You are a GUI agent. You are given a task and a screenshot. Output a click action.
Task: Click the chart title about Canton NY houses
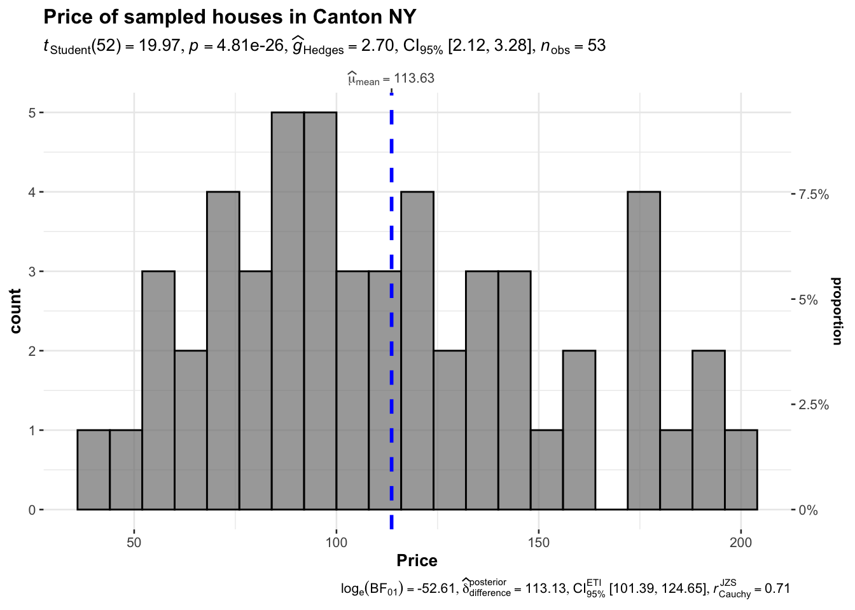tap(230, 17)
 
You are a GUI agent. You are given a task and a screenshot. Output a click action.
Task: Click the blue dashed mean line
tap(391, 318)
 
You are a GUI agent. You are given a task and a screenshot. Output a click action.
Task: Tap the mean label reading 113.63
tap(391, 78)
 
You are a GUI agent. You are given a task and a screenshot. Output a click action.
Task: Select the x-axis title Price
tap(417, 560)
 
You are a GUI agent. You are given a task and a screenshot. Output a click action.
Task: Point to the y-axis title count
tap(16, 311)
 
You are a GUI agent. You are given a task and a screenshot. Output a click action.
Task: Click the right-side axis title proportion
tap(837, 311)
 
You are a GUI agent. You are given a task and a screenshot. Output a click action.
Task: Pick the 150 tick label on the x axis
tap(539, 543)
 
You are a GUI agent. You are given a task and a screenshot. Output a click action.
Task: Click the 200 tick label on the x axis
tap(740, 543)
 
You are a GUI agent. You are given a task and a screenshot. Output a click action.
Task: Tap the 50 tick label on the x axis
tap(134, 543)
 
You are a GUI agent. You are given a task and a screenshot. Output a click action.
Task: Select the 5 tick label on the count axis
tap(31, 112)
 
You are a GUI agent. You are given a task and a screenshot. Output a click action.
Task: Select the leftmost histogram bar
tap(94, 470)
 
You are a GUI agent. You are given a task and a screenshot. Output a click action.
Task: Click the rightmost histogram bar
tap(741, 470)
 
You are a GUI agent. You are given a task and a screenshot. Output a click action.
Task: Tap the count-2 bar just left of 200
tap(709, 430)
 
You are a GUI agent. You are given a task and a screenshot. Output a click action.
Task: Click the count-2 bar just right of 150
tap(579, 430)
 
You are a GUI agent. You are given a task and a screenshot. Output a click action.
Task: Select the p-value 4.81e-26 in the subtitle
tap(251, 46)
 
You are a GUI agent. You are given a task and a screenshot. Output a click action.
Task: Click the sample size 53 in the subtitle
tap(597, 46)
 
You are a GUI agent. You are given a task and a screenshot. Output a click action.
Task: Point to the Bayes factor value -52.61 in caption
tap(436, 589)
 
